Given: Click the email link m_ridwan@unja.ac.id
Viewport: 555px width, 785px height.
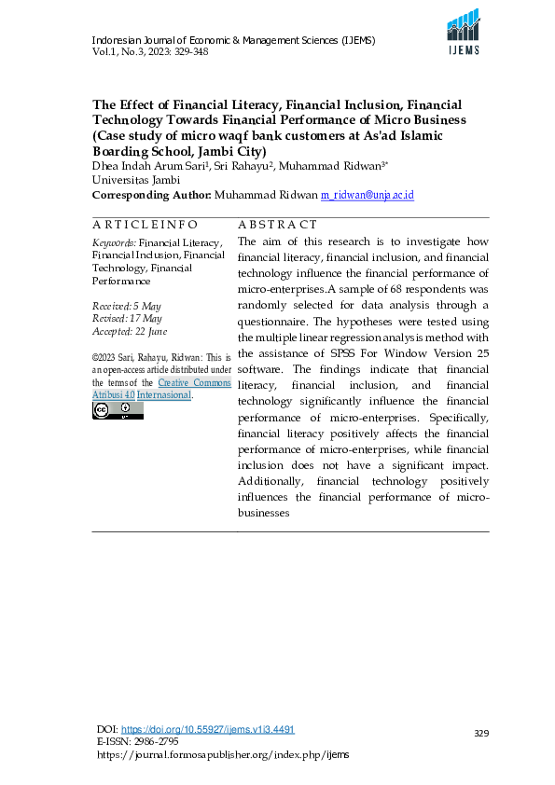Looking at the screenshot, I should point(367,195).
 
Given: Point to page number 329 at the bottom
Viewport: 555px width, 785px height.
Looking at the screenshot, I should point(481,734).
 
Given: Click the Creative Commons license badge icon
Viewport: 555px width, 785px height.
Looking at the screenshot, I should point(104,410).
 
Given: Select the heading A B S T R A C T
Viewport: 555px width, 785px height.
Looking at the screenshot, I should point(277,225).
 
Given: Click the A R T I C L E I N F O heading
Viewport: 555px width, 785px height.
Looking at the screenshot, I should point(145,225).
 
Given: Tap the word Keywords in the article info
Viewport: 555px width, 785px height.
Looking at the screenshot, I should point(112,242).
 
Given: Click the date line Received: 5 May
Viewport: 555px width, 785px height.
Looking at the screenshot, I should point(127,306).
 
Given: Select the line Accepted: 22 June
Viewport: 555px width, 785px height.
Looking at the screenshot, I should point(130,332).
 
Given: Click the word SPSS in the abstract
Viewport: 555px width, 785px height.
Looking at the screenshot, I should point(345,353).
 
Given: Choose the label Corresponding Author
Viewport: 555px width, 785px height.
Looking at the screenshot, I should point(150,195).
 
